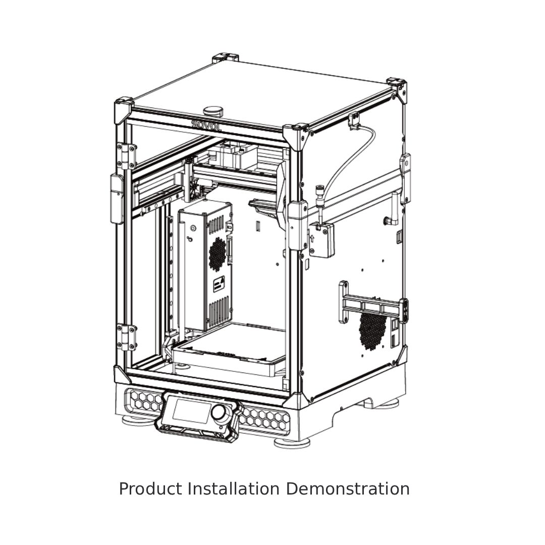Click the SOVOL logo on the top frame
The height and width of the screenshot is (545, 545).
tap(206, 126)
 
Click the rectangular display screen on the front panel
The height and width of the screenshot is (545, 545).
tap(192, 411)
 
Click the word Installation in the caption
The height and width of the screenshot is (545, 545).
tap(234, 488)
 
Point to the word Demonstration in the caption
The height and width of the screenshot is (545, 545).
tap(348, 488)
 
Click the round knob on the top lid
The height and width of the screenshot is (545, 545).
tap(213, 111)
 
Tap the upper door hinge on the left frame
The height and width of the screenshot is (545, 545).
tap(126, 156)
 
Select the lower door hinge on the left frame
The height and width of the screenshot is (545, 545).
tap(126, 337)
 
